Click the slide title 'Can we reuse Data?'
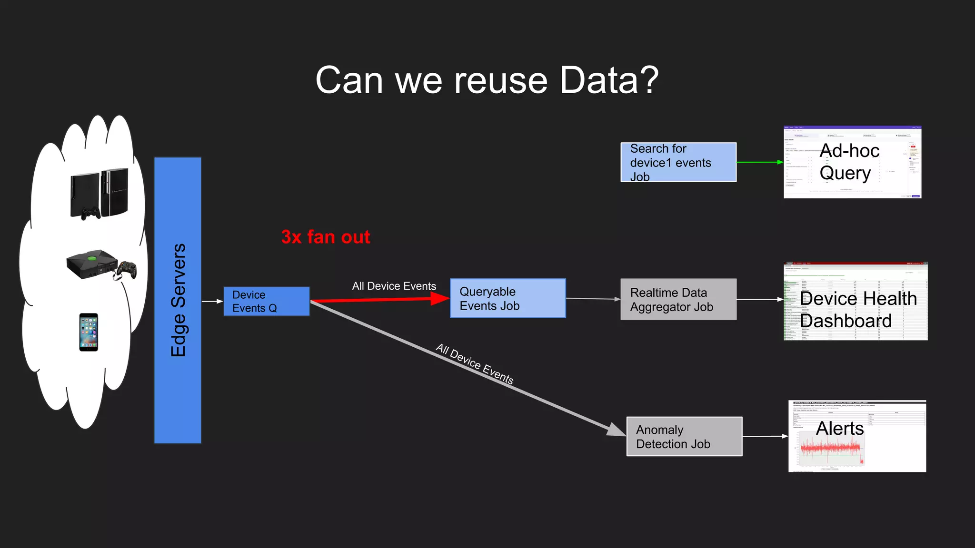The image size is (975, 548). (487, 80)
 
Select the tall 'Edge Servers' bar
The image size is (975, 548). (178, 300)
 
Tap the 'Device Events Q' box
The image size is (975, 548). (267, 301)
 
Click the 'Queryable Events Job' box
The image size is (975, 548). (507, 298)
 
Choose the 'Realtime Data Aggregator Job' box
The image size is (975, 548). (678, 299)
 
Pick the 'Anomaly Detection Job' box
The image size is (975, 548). (684, 436)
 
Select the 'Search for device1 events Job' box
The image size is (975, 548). (678, 162)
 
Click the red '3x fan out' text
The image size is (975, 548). (326, 237)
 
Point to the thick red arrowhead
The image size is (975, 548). (439, 298)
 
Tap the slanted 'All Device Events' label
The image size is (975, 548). (475, 364)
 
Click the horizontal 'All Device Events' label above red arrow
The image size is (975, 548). (394, 286)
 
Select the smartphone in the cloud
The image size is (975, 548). (89, 332)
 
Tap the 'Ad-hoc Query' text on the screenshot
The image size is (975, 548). (849, 162)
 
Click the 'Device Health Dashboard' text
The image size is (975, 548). (858, 309)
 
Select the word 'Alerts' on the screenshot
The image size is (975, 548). (840, 428)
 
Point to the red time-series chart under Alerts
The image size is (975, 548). (831, 450)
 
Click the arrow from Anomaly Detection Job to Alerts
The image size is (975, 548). (765, 436)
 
